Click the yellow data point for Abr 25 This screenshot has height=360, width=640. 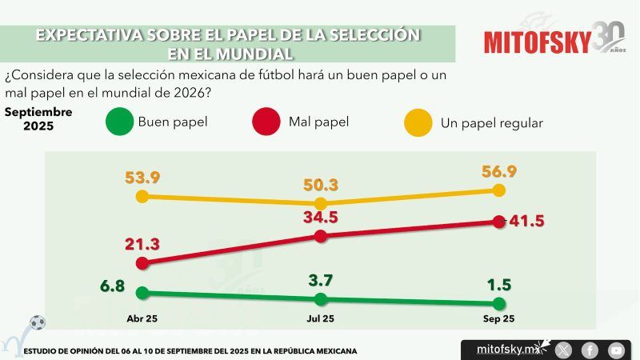pos(142,196)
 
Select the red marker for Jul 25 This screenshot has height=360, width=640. pos(321,236)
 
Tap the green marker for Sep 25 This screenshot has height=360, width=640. pos(499,303)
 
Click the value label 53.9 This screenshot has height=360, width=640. pos(142,177)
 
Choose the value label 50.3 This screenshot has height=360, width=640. pos(321,185)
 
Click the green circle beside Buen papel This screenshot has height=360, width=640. pos(119,123)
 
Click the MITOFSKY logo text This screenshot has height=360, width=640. pos(537,41)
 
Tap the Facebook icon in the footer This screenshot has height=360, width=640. pos(590,350)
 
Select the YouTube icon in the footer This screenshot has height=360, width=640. pos(616,350)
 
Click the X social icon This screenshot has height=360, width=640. pos(564,350)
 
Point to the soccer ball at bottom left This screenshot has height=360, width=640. pos(37,322)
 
